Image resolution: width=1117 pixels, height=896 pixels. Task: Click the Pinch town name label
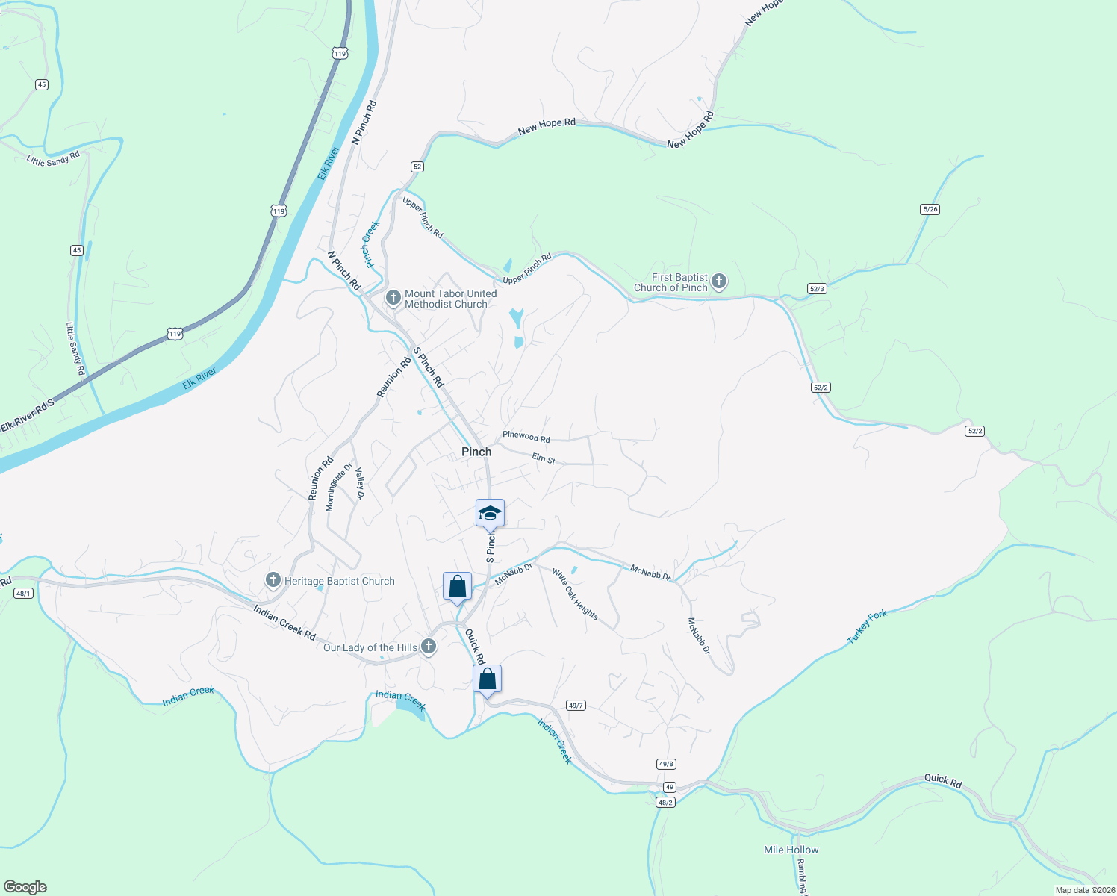(x=476, y=452)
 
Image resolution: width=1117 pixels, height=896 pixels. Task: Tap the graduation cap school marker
(x=490, y=513)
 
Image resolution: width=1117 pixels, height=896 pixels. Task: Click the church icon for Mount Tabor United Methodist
(x=393, y=299)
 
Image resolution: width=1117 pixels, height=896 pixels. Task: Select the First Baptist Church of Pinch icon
(x=718, y=281)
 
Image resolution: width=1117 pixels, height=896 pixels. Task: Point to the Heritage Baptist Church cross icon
(x=273, y=580)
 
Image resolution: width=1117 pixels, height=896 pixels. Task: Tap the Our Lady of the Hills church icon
(x=429, y=647)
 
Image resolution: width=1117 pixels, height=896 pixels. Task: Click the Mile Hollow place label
(x=791, y=850)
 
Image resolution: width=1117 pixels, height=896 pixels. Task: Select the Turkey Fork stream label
(x=868, y=627)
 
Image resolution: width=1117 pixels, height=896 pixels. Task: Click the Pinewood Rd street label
(x=526, y=437)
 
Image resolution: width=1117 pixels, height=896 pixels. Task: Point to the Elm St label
(x=544, y=458)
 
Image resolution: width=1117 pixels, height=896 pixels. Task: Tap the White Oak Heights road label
(x=575, y=594)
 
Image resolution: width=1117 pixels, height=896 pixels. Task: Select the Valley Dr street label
(x=360, y=484)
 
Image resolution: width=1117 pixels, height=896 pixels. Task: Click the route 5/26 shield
(x=930, y=209)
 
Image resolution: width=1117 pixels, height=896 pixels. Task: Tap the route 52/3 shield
(x=817, y=288)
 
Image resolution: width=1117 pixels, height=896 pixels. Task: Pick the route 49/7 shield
(x=576, y=706)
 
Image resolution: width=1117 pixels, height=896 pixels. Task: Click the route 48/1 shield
(x=23, y=594)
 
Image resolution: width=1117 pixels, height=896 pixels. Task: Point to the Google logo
(x=25, y=887)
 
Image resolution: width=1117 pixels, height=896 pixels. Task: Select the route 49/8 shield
(x=666, y=764)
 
